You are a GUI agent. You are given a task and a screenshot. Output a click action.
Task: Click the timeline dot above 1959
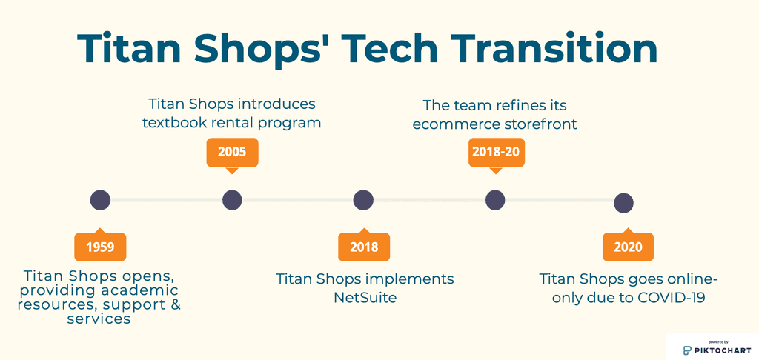pyautogui.click(x=100, y=200)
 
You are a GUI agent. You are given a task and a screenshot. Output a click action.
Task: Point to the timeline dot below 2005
pyautogui.click(x=232, y=200)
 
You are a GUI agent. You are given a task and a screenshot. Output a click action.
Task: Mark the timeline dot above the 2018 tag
pyautogui.click(x=363, y=200)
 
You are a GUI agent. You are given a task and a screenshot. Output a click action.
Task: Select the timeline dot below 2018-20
pyautogui.click(x=495, y=200)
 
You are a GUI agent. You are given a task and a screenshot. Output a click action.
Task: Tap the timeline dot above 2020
pyautogui.click(x=623, y=203)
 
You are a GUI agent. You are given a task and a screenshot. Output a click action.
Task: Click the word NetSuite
pyautogui.click(x=365, y=297)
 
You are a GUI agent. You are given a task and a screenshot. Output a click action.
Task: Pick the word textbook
pyautogui.click(x=174, y=123)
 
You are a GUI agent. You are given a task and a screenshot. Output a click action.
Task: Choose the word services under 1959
pyautogui.click(x=99, y=319)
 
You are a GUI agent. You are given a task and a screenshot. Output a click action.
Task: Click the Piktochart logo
pyautogui.click(x=711, y=347)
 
